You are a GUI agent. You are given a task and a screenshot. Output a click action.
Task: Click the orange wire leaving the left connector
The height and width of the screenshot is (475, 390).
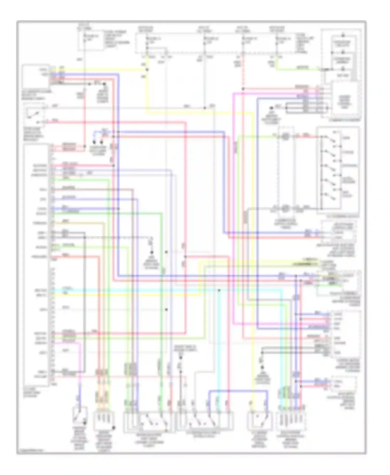coord(78,223)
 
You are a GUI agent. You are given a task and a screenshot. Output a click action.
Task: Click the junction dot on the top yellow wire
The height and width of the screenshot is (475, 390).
coord(147,70)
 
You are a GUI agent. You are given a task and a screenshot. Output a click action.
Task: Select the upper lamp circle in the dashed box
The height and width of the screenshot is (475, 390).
coord(285,136)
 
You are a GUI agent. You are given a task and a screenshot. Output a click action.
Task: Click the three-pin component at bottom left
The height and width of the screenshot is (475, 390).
coord(103,420)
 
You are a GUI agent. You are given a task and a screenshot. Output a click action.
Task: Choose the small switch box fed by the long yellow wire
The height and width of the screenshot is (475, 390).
coord(259,420)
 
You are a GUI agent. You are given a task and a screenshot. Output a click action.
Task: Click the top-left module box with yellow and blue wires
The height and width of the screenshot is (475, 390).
coord(36,76)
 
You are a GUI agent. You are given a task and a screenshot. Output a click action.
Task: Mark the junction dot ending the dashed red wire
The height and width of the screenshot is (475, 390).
coord(243,89)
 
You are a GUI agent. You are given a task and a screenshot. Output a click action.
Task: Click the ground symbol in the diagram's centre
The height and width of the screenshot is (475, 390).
coord(152,253)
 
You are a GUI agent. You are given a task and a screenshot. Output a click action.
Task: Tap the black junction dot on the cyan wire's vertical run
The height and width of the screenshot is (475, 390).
coord(219,290)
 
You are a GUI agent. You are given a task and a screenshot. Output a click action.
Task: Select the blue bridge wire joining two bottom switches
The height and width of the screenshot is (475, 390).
coord(238,390)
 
